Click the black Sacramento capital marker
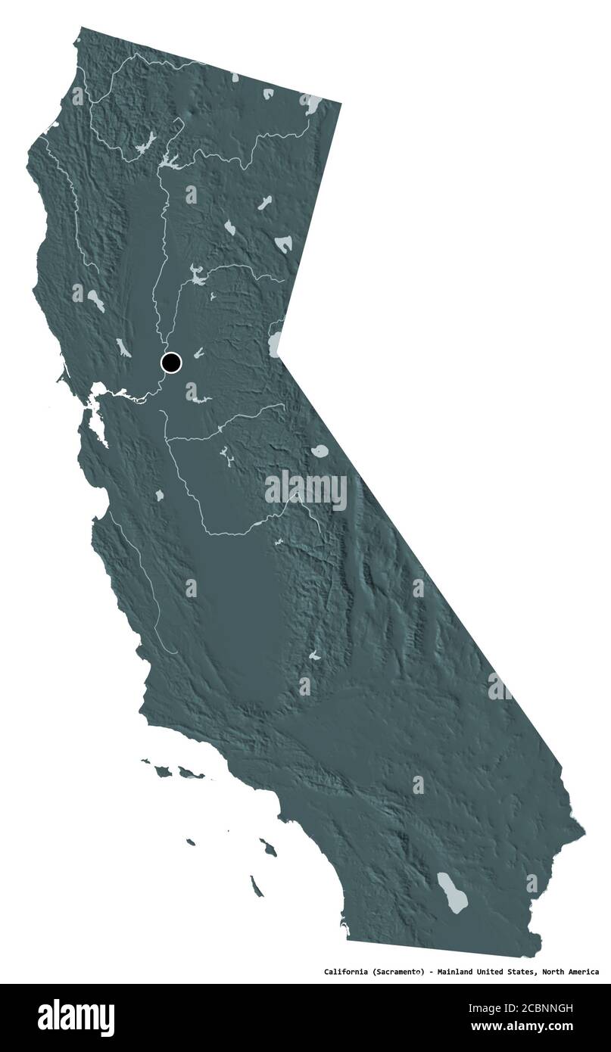coord(171,363)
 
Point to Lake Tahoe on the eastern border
coord(275,344)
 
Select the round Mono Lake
coord(320,452)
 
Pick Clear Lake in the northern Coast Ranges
coord(95,301)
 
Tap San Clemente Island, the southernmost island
coord(257,885)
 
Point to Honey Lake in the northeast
coord(283,244)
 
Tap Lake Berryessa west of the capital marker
coord(121,347)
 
